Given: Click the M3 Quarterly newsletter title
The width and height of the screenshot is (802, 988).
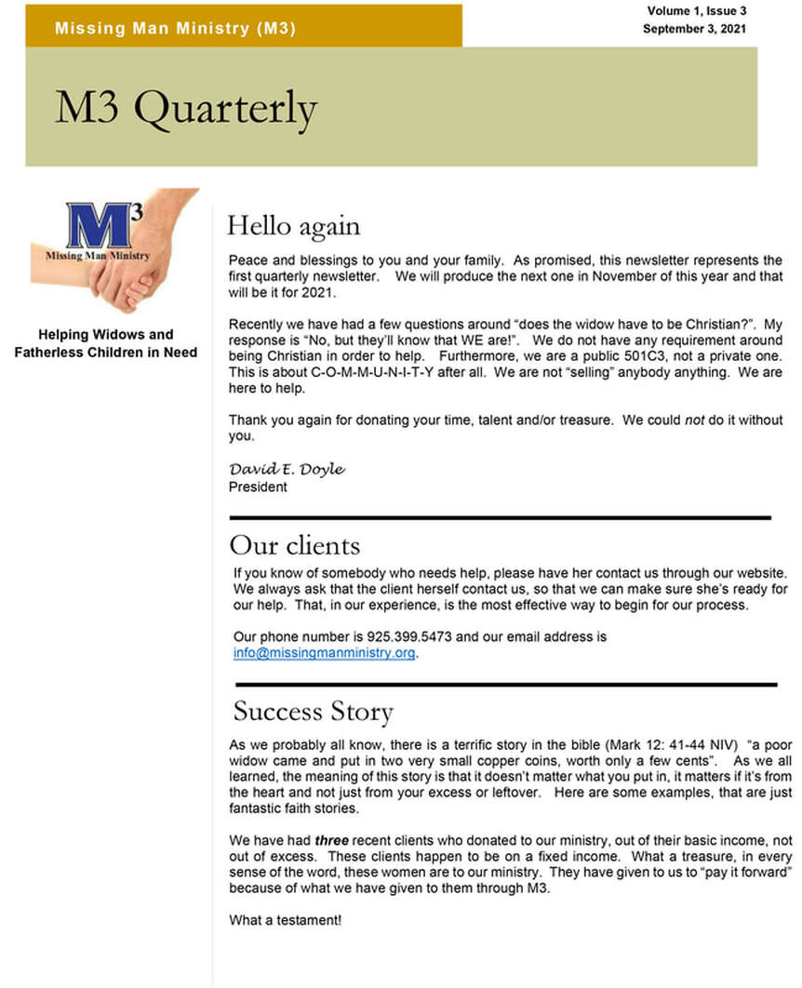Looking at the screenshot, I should pyautogui.click(x=185, y=109).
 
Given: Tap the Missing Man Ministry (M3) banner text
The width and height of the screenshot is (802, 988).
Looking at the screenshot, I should pyautogui.click(x=175, y=28).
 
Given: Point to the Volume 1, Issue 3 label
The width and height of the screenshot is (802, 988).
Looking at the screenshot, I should pyautogui.click(x=697, y=11).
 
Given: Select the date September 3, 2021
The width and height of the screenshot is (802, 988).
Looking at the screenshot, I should pyautogui.click(x=694, y=29).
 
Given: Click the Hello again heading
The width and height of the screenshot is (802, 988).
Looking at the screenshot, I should pyautogui.click(x=293, y=225).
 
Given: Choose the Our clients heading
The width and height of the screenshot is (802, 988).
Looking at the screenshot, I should pyautogui.click(x=294, y=544).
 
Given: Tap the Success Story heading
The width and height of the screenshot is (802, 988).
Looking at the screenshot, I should pyautogui.click(x=313, y=712).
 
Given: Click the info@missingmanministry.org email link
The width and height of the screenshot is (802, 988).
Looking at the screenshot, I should pyautogui.click(x=324, y=653).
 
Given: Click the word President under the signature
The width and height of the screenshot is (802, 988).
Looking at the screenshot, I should pyautogui.click(x=258, y=487).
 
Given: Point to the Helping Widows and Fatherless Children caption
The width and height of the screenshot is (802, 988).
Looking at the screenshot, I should pyautogui.click(x=105, y=343).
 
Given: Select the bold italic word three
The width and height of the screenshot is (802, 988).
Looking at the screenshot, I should pyautogui.click(x=331, y=841).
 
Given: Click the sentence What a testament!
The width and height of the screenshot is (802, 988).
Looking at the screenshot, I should pyautogui.click(x=286, y=920).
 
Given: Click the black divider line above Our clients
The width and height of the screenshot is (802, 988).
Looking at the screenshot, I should pyautogui.click(x=500, y=517).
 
